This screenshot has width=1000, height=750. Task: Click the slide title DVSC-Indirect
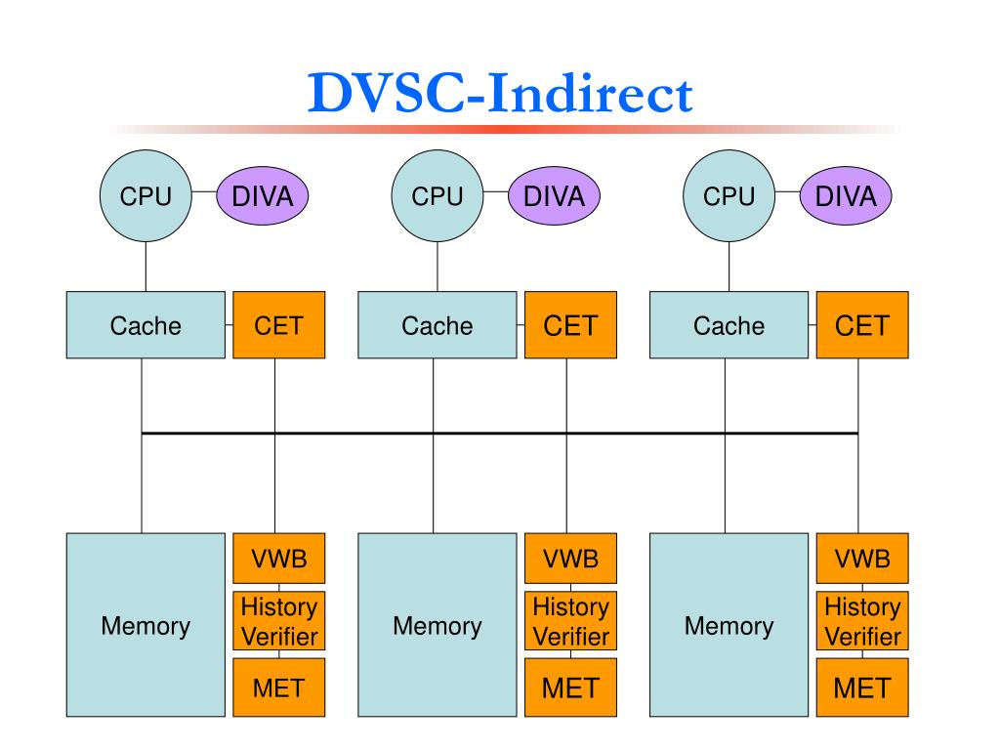500,93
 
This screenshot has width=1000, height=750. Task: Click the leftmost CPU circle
146,195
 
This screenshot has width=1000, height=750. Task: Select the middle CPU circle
437,195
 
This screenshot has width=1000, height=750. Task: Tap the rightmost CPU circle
729,195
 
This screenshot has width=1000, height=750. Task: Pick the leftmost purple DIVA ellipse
262,195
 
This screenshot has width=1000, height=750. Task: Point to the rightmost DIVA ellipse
846,195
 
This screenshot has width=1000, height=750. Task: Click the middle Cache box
437,325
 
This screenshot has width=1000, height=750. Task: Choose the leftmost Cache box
146,325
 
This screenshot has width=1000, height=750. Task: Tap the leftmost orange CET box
278,325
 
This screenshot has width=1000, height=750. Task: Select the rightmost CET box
862,325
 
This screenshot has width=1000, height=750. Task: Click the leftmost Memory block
146,625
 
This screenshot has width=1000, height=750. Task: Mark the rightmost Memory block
729,625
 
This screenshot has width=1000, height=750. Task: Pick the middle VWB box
570,559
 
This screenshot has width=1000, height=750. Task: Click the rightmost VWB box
862,559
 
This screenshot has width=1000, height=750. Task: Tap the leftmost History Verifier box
278,621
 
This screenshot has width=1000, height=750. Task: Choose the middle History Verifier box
570,621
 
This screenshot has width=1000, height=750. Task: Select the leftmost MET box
278,687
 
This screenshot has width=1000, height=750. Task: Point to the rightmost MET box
862,687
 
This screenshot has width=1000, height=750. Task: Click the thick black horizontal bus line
500,434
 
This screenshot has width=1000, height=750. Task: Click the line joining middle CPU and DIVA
495,191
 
